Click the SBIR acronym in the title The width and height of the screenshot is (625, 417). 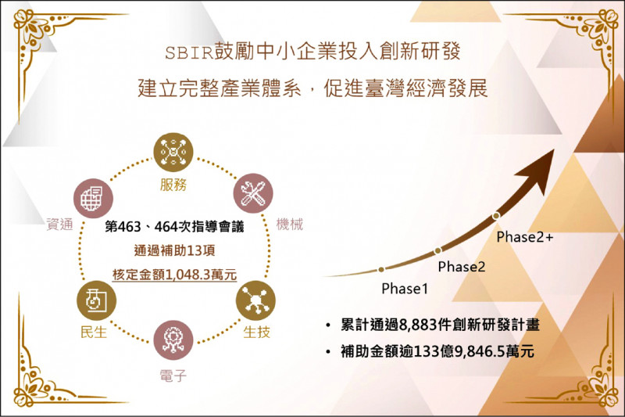(x=189, y=53)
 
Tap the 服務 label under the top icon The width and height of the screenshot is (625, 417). (x=173, y=185)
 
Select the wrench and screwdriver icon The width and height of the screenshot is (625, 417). (x=253, y=193)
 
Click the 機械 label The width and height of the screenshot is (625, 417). (x=290, y=225)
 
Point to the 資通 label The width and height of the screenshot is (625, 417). (x=60, y=225)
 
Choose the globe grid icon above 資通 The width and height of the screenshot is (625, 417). (x=93, y=198)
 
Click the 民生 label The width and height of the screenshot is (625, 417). (x=94, y=332)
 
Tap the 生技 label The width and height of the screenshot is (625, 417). (x=257, y=332)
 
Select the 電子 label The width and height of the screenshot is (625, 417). (x=173, y=376)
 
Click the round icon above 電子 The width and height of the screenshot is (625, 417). (x=173, y=340)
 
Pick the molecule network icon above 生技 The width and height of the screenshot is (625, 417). (x=256, y=300)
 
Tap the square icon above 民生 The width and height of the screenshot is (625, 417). (x=96, y=300)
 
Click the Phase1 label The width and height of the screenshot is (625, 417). (x=405, y=289)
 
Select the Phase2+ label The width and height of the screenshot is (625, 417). (x=525, y=237)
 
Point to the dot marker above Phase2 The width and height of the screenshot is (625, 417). (x=438, y=250)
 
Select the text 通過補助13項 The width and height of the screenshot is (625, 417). (x=174, y=250)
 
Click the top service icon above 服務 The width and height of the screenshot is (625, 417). (x=173, y=153)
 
